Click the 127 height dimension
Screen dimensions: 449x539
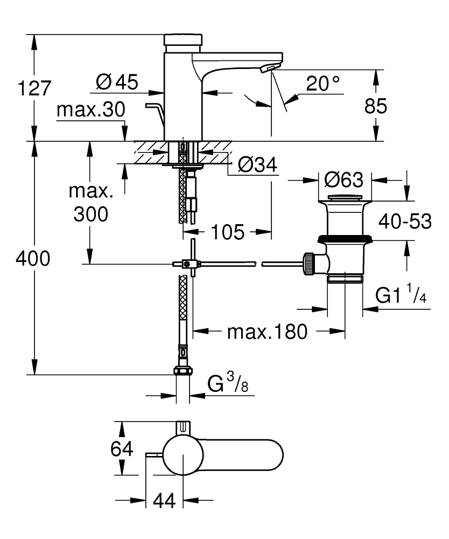point(34,88)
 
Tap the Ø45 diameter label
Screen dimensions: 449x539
point(117,82)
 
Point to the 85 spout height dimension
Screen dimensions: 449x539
point(376,106)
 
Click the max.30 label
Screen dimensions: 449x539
point(91,109)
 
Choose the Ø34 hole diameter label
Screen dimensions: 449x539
point(257,164)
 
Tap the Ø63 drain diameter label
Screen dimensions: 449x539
point(343,179)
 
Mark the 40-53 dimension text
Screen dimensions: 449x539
point(405,222)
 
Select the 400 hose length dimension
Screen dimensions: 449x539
point(33,258)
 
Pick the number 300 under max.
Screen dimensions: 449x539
point(91,214)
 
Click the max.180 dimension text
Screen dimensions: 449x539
point(268,331)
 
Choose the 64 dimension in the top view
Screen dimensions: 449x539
point(122,448)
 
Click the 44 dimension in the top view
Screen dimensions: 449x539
point(164,501)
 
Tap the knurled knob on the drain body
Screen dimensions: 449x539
point(308,264)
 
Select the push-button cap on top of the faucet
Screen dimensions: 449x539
point(183,39)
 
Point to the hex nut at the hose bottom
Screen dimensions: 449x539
point(183,371)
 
